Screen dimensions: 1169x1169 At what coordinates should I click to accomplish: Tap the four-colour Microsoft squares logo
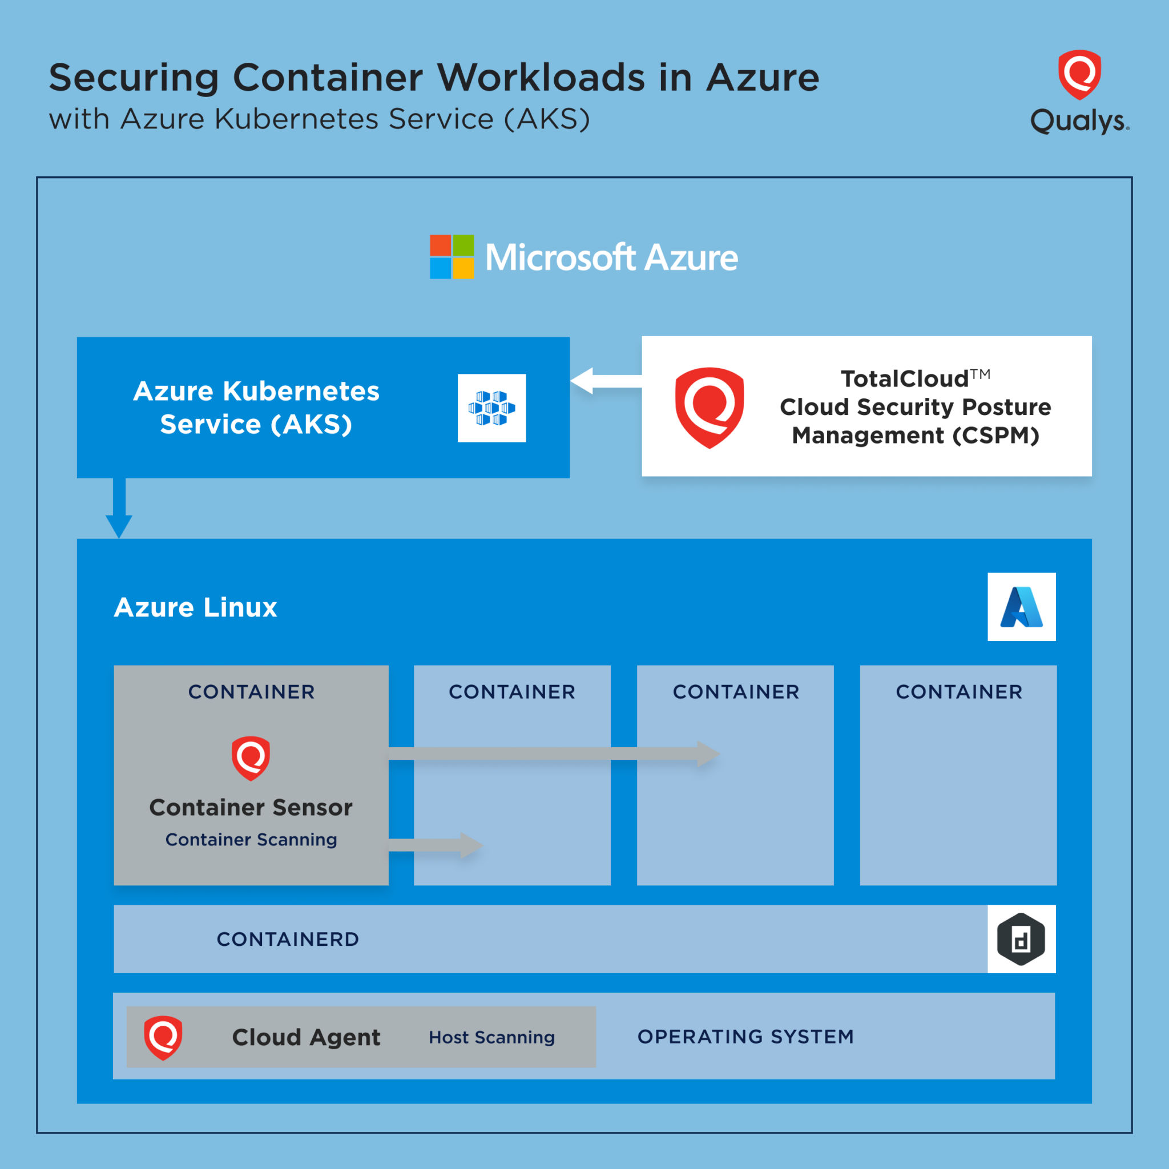click(452, 256)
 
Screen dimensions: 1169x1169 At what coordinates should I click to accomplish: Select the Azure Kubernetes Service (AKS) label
click(256, 407)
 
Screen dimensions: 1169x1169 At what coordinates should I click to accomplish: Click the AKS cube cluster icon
click(491, 408)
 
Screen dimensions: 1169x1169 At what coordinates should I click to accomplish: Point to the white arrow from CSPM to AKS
click(605, 381)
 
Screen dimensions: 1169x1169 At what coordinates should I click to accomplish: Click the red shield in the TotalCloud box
click(709, 407)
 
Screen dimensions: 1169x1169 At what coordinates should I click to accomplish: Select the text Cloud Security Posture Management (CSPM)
click(915, 421)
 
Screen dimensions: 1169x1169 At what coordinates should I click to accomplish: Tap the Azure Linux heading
click(195, 607)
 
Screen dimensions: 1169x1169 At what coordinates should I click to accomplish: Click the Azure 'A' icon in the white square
click(1021, 607)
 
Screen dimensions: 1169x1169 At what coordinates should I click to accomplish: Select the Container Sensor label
click(251, 807)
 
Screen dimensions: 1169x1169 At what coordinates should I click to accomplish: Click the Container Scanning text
click(251, 839)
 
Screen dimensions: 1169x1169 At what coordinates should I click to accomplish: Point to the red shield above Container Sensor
click(251, 757)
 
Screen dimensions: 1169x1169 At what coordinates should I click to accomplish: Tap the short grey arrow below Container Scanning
click(436, 845)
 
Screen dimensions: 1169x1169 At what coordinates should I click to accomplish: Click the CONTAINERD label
click(288, 939)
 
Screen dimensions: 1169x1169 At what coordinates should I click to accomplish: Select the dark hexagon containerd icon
click(1021, 939)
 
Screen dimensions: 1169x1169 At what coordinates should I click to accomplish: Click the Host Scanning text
click(491, 1037)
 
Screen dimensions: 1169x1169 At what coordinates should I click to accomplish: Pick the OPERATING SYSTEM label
click(745, 1037)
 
